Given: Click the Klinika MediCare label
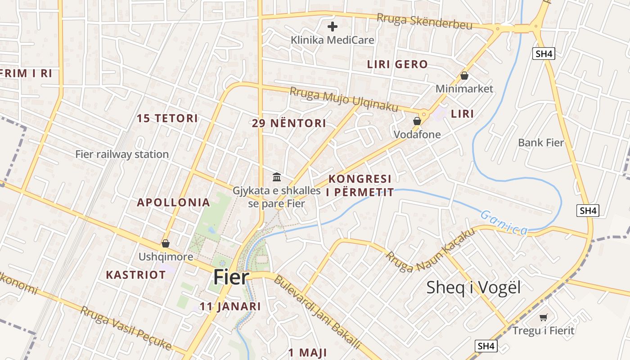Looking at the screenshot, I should pos(332,40).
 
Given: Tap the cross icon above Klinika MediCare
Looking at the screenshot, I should pos(333,27).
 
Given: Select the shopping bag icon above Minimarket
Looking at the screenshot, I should pos(464,76).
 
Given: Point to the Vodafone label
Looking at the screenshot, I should pos(417,134).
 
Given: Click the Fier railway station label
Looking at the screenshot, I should pos(122,154).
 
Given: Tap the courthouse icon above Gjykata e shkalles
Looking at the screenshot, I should pos(277,177).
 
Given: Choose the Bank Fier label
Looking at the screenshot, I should pos(541,143).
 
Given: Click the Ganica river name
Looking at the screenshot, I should pos(504,222).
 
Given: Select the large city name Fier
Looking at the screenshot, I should pos(231,277).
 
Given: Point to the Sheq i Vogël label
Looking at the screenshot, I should pos(473,287).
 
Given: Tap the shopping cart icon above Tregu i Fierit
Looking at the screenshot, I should pos(544,318).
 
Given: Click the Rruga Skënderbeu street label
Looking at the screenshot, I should pos(424,21).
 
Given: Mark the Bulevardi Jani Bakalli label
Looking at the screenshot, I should pos(317,312).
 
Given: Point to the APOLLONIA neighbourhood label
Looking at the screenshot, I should pos(173,202).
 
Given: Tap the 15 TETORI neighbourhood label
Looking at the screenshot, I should pos(167,118).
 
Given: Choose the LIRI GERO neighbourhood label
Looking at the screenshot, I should pos(397,64).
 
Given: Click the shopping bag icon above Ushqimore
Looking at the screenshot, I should pos(166,243).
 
